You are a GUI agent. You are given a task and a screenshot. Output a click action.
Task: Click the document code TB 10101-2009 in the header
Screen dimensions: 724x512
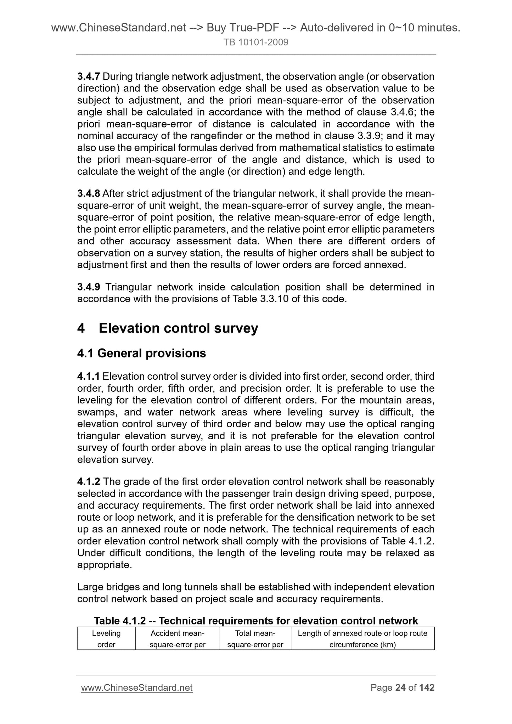[256, 43]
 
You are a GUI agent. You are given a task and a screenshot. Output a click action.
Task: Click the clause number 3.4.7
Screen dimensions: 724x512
[89, 77]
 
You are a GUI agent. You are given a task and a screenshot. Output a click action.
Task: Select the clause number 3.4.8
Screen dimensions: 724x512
[89, 194]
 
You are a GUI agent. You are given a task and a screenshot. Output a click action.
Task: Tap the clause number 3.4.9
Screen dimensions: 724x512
[89, 287]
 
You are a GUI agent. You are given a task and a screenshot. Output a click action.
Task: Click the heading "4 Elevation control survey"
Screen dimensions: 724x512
[168, 328]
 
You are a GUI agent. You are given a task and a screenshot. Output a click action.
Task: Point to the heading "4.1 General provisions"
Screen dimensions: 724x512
[141, 353]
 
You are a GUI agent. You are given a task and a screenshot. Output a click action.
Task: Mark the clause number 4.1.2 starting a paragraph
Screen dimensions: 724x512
[89, 482]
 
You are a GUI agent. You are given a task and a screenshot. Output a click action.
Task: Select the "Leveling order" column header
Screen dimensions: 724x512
[106, 639]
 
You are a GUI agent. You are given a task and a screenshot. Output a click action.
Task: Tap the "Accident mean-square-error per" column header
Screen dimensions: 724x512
[178, 639]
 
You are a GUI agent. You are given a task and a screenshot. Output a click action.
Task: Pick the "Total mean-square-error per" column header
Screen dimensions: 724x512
[255, 639]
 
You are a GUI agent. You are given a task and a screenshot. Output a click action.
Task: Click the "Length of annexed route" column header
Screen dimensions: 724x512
[362, 639]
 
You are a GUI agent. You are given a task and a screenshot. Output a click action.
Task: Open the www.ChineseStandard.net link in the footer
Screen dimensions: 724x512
[137, 688]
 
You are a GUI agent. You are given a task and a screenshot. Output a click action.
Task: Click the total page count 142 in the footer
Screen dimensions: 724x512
[427, 688]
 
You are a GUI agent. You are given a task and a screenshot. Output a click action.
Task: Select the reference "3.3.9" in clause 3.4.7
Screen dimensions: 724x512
[366, 136]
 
